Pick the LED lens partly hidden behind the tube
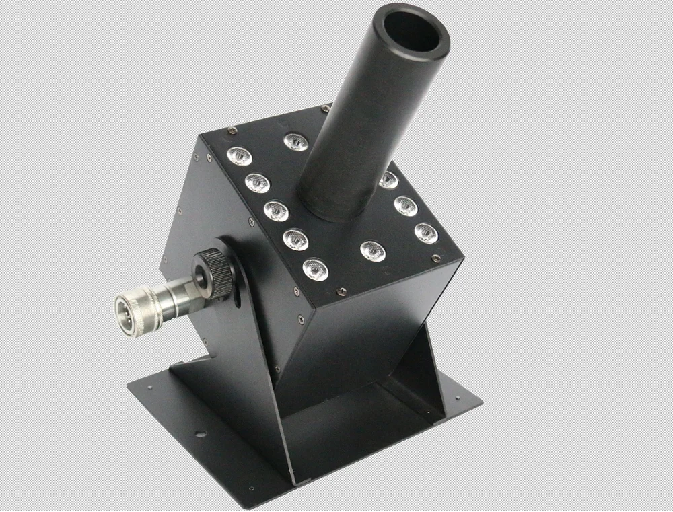click(x=388, y=180)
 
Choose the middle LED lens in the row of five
click(x=276, y=211)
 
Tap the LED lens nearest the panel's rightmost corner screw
click(x=426, y=233)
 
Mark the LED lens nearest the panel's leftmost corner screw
click(x=240, y=157)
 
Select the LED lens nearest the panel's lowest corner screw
click(x=315, y=269)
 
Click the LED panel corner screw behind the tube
click(x=326, y=108)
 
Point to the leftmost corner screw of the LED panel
click(x=232, y=131)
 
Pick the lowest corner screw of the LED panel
click(x=341, y=291)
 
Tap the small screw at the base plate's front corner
click(x=252, y=488)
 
